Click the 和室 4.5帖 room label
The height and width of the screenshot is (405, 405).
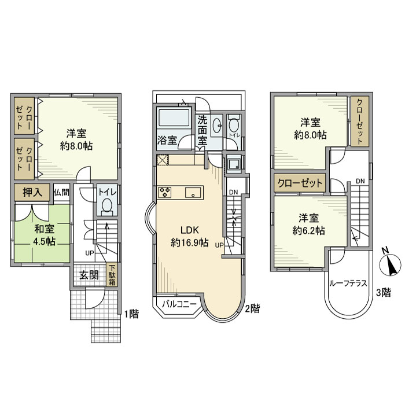pos(44,235)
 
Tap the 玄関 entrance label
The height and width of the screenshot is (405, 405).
pos(89,275)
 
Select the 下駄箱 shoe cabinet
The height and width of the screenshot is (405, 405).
pos(112,275)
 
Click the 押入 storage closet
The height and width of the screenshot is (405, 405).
pos(32,193)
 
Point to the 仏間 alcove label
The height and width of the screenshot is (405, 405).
pos(61,193)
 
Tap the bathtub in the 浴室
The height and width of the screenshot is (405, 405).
pos(174,118)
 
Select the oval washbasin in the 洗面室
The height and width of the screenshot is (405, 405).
pos(216,126)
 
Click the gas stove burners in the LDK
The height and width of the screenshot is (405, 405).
pos(165,193)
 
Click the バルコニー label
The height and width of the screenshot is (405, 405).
pos(179,304)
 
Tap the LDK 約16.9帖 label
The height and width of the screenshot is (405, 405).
pos(190,236)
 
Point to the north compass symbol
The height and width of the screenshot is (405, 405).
pos(391,263)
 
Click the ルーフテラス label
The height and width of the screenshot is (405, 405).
pos(348,283)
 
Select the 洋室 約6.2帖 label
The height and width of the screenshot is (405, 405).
pos(308,224)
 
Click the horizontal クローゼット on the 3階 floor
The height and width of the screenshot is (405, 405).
pos(300,183)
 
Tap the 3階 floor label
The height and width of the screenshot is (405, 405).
pos(384,293)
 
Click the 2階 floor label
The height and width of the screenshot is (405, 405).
pos(252,308)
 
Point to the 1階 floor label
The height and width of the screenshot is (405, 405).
pos(131,314)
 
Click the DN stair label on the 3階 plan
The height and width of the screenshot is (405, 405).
pos(360,181)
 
